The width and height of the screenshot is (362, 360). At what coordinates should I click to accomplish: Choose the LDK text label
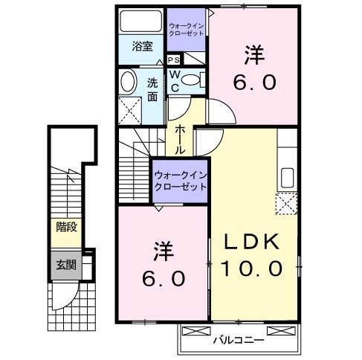252,242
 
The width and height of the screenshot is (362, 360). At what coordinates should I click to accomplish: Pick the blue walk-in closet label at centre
180,181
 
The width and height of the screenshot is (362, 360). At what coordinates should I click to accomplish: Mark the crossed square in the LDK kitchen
285,203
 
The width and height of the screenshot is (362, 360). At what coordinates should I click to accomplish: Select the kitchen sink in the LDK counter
287,178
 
